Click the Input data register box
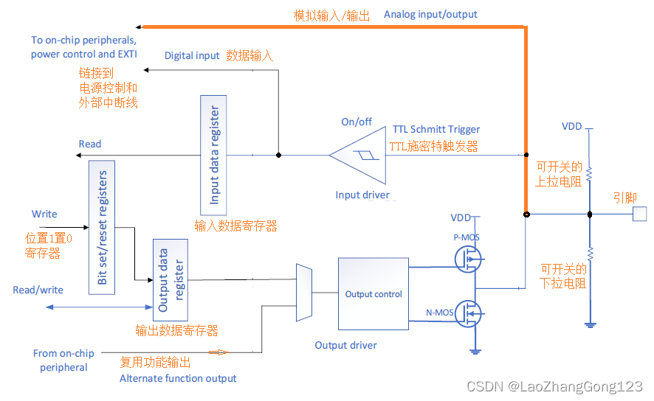[214, 155]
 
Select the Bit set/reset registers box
[101, 228]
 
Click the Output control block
[373, 293]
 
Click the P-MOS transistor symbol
[469, 257]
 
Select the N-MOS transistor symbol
[469, 313]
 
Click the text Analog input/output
[430, 14]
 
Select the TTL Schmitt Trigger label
[436, 129]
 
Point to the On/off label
[357, 122]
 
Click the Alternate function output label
[178, 378]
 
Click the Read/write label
[38, 290]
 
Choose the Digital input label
[192, 55]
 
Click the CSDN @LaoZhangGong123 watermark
[555, 387]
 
